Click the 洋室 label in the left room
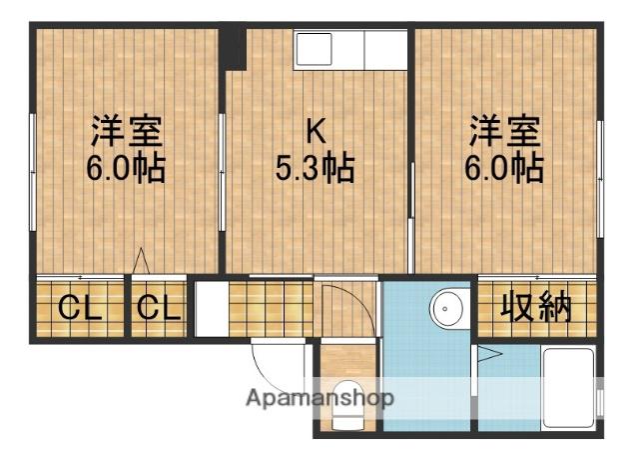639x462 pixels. [128, 131]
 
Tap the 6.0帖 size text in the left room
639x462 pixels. [127, 166]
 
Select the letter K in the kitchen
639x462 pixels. [315, 131]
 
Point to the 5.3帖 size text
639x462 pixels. [316, 166]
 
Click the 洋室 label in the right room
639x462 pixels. [506, 131]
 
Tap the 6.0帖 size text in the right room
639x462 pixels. [506, 166]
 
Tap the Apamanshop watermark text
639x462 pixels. [319, 398]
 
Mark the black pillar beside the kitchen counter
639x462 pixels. [233, 48]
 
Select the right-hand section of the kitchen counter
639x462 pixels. [385, 49]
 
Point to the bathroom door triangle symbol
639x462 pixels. [489, 353]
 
